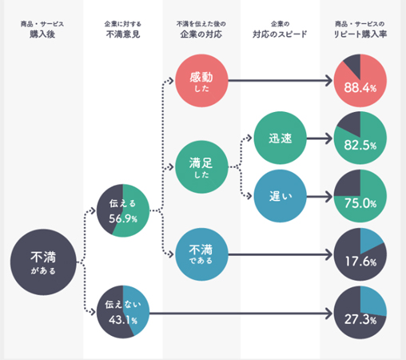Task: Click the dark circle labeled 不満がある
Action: click(43, 262)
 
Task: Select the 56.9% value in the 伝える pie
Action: click(123, 218)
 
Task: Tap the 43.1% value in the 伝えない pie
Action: click(123, 320)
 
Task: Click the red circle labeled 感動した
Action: click(201, 81)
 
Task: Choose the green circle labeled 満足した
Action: click(201, 167)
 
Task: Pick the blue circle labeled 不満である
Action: click(201, 254)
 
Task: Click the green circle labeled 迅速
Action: click(281, 138)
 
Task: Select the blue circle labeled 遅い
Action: click(281, 196)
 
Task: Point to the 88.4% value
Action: click(360, 87)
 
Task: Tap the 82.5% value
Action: click(360, 146)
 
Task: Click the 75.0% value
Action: click(360, 203)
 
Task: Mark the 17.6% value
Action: click(360, 262)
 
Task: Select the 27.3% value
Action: click(360, 319)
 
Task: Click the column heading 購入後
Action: click(42, 34)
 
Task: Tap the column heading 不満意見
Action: click(123, 34)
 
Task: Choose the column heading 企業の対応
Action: click(201, 34)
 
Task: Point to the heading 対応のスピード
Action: click(280, 34)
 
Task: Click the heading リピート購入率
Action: click(360, 34)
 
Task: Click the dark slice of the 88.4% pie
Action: click(353, 64)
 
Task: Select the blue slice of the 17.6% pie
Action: click(369, 240)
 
